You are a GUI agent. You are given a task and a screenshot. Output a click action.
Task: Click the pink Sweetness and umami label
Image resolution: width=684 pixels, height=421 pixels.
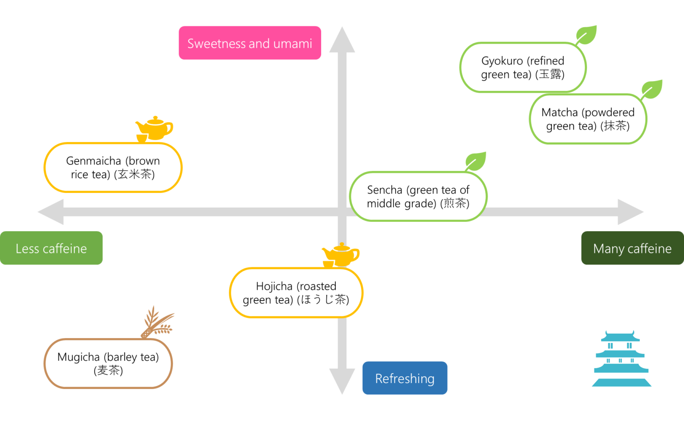point(250,43)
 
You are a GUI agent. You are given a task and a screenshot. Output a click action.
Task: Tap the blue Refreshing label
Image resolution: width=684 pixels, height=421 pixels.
point(405,378)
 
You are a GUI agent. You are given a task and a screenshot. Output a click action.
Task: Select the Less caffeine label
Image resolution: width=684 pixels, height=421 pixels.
point(51,248)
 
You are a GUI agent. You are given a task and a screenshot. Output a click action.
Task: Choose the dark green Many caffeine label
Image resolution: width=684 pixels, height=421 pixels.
point(632,248)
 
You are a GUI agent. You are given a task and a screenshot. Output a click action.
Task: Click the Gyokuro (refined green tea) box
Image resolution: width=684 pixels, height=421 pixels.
point(523,68)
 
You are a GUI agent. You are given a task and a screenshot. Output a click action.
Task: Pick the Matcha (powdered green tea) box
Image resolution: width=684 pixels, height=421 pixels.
point(588,119)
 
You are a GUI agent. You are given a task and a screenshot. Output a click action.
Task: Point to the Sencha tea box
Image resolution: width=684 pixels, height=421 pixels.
point(418,196)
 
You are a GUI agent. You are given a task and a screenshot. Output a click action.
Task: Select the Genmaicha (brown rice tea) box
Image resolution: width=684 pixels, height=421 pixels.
point(113,168)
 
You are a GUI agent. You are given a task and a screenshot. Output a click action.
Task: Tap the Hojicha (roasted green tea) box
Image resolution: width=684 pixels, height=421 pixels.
point(296,293)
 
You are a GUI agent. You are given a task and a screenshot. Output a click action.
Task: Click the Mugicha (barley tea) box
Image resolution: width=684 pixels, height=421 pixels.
point(108,364)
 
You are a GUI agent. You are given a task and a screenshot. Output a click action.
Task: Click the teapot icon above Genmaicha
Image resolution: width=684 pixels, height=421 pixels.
point(154,129)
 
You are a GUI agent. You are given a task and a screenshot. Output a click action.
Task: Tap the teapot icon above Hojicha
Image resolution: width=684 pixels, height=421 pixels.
point(341,255)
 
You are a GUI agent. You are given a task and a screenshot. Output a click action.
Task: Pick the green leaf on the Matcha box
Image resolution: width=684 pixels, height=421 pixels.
point(651,89)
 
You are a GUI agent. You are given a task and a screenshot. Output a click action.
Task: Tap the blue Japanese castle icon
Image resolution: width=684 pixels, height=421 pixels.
point(621,359)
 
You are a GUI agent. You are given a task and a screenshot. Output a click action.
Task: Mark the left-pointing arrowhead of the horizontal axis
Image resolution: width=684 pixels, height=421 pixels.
point(52,212)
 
